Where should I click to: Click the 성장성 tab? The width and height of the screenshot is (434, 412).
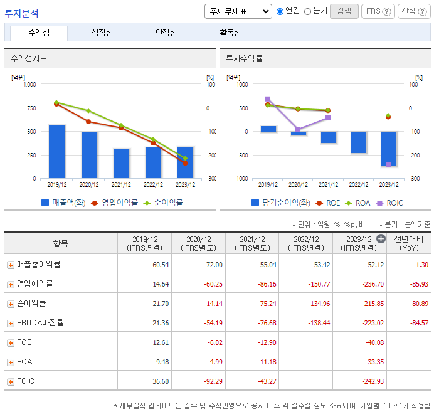[x=102, y=33]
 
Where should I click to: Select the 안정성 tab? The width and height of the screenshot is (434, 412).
[x=166, y=33]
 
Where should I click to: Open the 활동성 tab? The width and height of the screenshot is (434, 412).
[x=230, y=33]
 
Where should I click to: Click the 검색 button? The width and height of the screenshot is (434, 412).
[x=344, y=11]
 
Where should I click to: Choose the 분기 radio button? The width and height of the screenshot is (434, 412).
[x=307, y=11]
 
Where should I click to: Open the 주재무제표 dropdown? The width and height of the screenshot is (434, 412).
[x=238, y=11]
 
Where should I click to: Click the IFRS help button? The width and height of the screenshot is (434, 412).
[x=378, y=11]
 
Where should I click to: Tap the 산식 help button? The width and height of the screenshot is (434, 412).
[x=414, y=11]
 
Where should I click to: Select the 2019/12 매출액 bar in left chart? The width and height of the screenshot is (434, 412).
[x=56, y=151]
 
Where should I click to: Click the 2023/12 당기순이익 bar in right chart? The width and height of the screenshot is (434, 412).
[x=388, y=149]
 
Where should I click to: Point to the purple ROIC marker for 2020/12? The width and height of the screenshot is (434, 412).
[x=298, y=130]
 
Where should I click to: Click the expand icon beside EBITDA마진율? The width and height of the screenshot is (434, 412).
[x=10, y=324]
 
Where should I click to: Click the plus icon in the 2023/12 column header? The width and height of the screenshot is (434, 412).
[x=381, y=238]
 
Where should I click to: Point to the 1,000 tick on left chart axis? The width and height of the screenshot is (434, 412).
[x=29, y=85]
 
